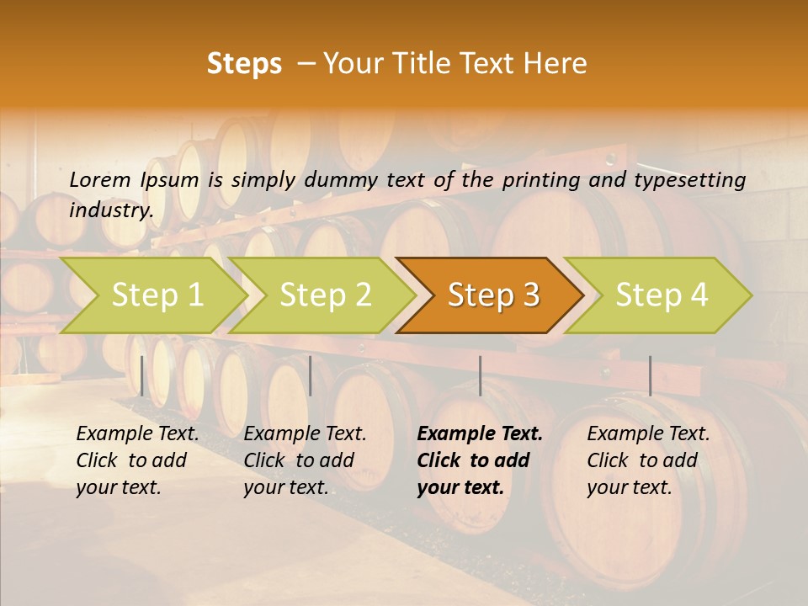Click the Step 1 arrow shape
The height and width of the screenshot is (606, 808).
[156, 295]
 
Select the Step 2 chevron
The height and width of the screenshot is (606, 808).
[325, 295]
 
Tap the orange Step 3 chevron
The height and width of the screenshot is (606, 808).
[492, 295]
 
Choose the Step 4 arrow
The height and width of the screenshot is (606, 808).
[661, 295]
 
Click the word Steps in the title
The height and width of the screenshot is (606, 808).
[244, 64]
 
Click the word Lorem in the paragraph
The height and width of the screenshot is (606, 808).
[99, 179]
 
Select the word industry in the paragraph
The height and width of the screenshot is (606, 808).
[110, 210]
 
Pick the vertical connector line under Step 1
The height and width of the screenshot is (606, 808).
[142, 375]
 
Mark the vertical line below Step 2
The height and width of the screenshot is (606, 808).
[311, 375]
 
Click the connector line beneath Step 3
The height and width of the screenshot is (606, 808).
[480, 375]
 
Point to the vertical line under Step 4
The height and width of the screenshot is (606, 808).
[650, 375]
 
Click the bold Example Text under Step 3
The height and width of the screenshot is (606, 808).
[480, 434]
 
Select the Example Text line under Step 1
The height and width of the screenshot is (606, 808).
[137, 434]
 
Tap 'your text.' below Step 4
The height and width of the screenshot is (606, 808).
[629, 487]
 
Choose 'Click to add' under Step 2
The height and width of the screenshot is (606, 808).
[299, 460]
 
